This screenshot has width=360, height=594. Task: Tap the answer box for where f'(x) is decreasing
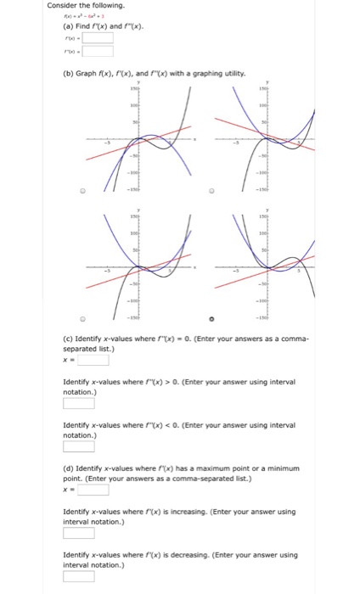coord(79,577)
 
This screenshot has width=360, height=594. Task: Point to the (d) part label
coord(70,468)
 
